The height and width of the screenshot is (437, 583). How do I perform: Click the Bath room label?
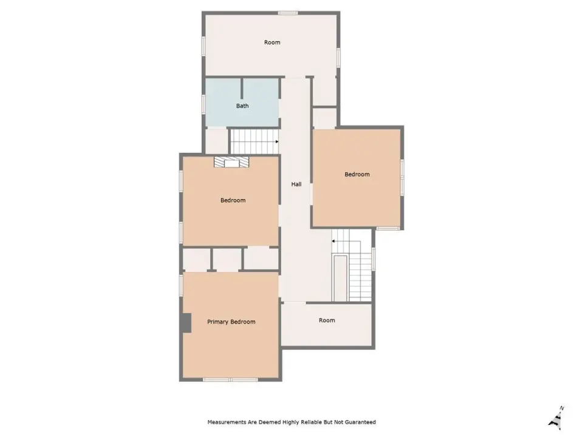pyautogui.click(x=242, y=106)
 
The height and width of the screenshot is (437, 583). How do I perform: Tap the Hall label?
pyautogui.click(x=296, y=184)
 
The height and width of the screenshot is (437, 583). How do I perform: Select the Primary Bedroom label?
pyautogui.click(x=231, y=322)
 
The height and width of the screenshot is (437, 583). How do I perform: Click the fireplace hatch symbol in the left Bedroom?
pyautogui.click(x=231, y=162)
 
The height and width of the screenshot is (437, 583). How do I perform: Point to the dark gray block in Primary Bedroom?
pyautogui.click(x=186, y=323)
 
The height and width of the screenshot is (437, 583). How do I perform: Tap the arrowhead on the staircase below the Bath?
pyautogui.click(x=277, y=141)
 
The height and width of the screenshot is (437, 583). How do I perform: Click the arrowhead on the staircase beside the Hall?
pyautogui.click(x=333, y=241)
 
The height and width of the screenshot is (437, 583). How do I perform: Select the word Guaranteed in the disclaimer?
pyautogui.click(x=360, y=422)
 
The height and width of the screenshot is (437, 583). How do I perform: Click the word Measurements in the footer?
pyautogui.click(x=227, y=422)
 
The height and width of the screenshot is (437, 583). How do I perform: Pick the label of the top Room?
pyautogui.click(x=272, y=42)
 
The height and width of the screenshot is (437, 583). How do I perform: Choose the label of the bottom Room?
pyautogui.click(x=327, y=320)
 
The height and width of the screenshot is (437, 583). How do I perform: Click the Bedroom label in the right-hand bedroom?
pyautogui.click(x=357, y=174)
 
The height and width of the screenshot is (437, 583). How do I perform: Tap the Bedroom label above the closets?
pyautogui.click(x=233, y=200)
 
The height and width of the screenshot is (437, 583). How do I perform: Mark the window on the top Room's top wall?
pyautogui.click(x=288, y=13)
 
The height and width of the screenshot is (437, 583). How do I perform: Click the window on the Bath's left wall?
pyautogui.click(x=203, y=104)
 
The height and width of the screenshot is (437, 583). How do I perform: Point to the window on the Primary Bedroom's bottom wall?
pyautogui.click(x=230, y=380)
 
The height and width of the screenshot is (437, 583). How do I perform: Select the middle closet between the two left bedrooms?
pyautogui.click(x=227, y=259)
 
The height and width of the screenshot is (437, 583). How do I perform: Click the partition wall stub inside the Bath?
pyautogui.click(x=242, y=89)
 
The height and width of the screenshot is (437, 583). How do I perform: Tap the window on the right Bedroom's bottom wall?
pyautogui.click(x=388, y=228)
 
